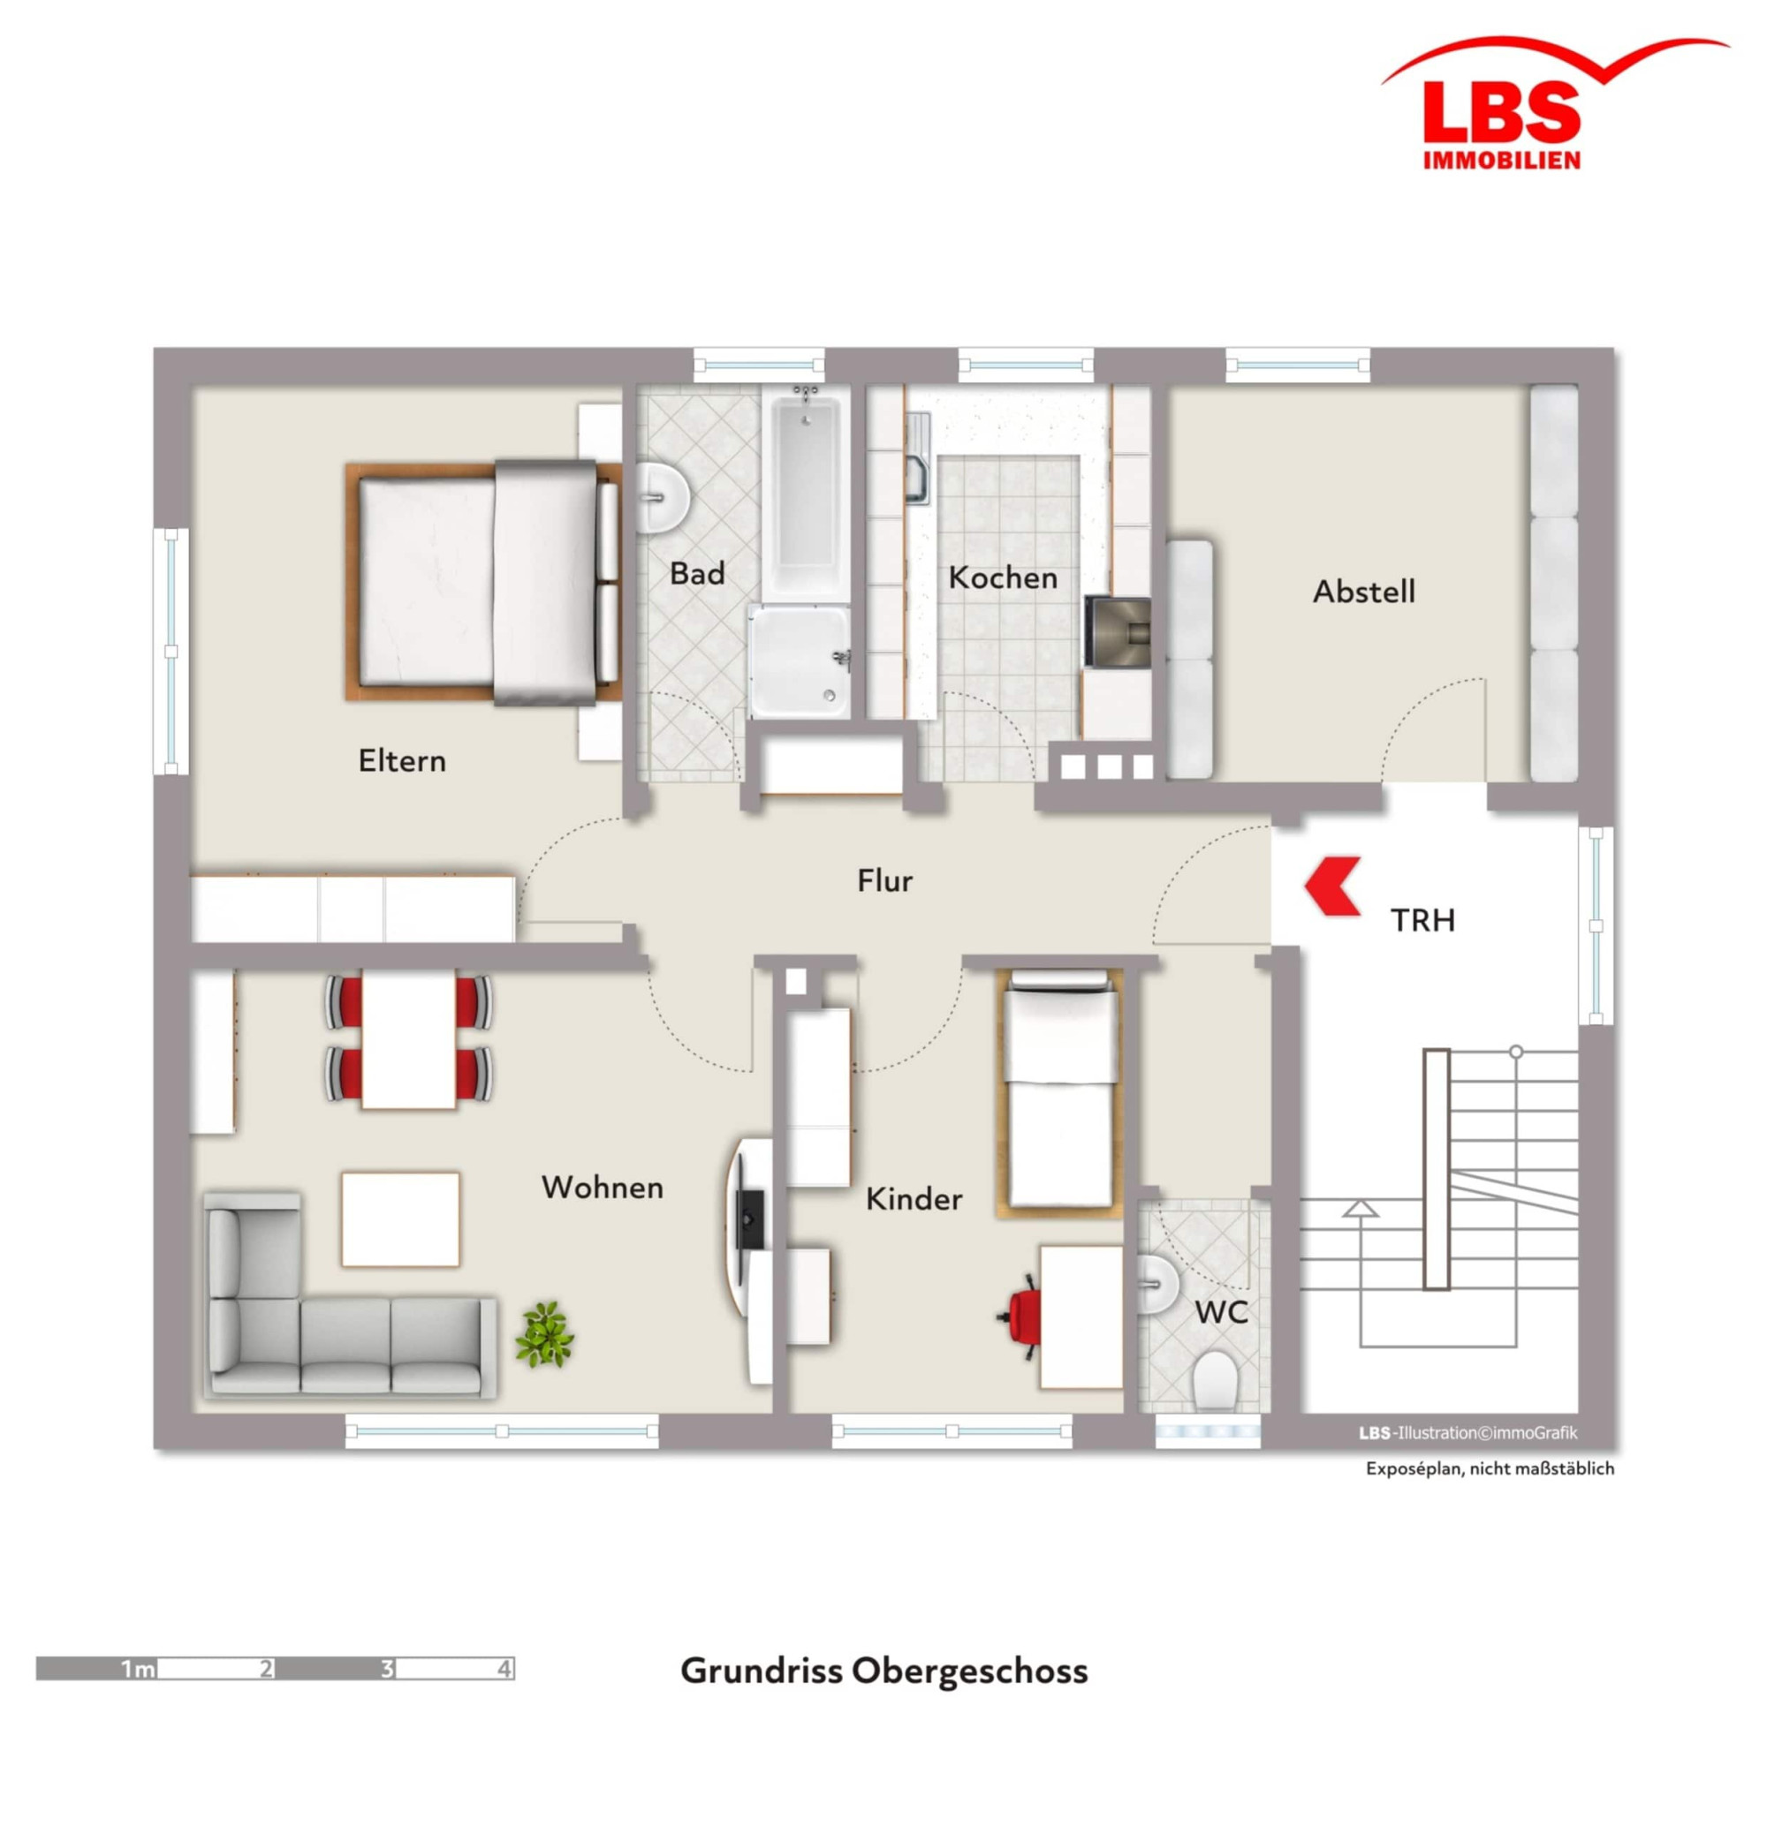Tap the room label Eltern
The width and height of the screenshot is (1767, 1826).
coord(402,761)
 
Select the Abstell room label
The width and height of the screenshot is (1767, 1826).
coord(1363,592)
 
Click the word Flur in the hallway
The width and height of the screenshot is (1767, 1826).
coord(884,880)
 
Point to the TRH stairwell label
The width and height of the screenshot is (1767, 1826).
coord(1422,920)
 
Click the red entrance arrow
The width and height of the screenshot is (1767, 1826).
coord(1332,886)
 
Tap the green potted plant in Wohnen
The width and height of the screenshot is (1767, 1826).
coord(544,1334)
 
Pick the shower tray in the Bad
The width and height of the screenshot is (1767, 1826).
coord(799,661)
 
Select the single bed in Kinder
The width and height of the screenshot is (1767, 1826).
coord(1058,1094)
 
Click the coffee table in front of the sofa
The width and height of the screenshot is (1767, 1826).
coord(401,1219)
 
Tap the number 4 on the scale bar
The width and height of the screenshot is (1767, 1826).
coord(504,1669)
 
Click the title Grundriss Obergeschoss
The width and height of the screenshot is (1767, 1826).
coord(883,1671)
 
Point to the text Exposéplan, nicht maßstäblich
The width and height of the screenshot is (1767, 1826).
coord(1490,1468)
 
